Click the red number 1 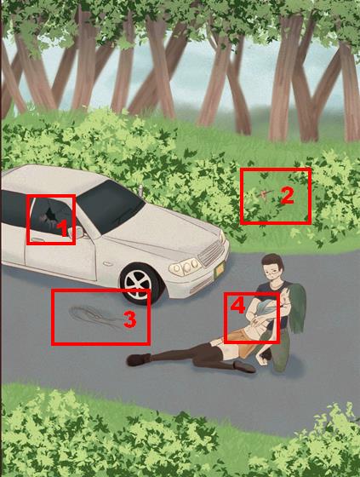click(63, 228)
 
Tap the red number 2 click(287, 195)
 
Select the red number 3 click(130, 320)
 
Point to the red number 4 click(237, 306)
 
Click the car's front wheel click(140, 284)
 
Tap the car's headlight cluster click(186, 267)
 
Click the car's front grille click(212, 252)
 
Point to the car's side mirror click(77, 233)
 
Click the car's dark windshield click(110, 207)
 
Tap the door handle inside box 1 click(37, 239)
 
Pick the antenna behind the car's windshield click(140, 190)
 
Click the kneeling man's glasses click(272, 272)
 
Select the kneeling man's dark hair click(272, 261)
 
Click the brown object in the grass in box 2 click(264, 194)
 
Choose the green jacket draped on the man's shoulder click(296, 307)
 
